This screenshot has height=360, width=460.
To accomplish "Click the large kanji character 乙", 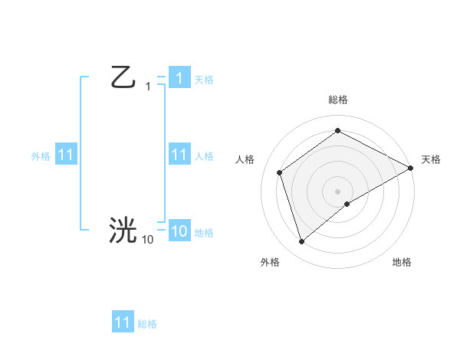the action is pyautogui.click(x=123, y=77).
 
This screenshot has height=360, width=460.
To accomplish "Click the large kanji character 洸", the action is pyautogui.click(x=123, y=229).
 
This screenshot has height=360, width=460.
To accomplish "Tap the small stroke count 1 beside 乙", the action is pyautogui.click(x=148, y=87).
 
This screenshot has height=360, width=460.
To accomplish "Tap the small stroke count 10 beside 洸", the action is pyautogui.click(x=147, y=240).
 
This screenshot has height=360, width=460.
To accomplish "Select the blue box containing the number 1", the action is pyautogui.click(x=179, y=78).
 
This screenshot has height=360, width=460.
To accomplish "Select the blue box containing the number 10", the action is pyautogui.click(x=179, y=231).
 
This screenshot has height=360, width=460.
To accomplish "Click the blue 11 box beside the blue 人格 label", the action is pyautogui.click(x=179, y=155).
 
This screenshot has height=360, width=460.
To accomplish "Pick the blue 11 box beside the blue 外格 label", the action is pyautogui.click(x=65, y=155).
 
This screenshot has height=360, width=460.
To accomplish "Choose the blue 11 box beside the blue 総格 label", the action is pyautogui.click(x=123, y=322).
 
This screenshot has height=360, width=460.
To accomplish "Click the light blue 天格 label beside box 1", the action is pyautogui.click(x=204, y=80).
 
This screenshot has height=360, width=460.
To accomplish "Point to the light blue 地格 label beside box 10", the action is pyautogui.click(x=204, y=233).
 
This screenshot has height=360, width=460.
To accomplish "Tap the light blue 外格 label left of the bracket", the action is pyautogui.click(x=41, y=156).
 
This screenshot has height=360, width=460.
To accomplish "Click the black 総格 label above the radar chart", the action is pyautogui.click(x=337, y=100).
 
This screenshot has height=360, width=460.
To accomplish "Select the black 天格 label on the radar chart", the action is pyautogui.click(x=431, y=159).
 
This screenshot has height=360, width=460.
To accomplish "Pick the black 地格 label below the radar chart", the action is pyautogui.click(x=402, y=262).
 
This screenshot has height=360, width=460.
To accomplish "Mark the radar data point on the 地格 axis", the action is pyautogui.click(x=347, y=204).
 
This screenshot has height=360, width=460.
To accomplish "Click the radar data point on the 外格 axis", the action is pyautogui.click(x=301, y=241).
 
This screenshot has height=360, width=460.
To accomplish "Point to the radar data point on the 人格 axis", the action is pyautogui.click(x=280, y=172).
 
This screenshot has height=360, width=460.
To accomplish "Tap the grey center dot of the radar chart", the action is pyautogui.click(x=337, y=191).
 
